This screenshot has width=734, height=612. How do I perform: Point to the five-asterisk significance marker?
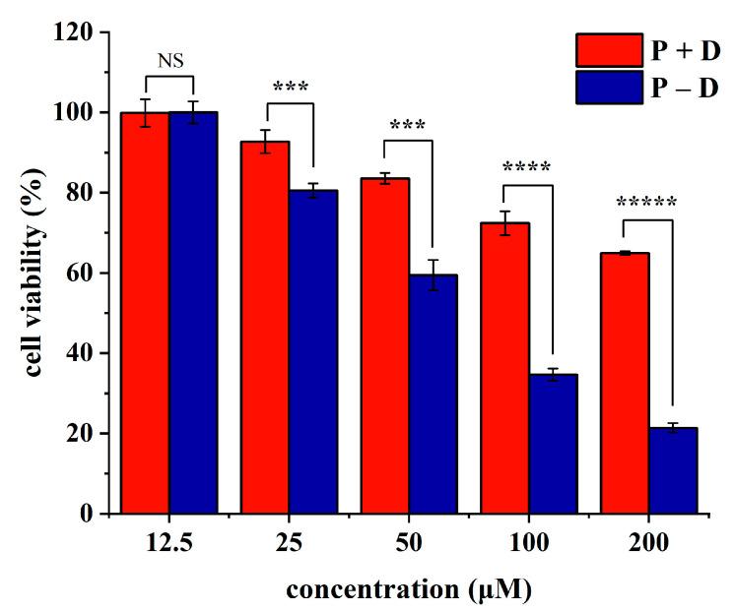[646, 204]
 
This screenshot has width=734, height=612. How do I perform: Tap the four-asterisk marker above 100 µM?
[527, 167]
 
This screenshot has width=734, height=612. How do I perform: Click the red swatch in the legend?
[608, 48]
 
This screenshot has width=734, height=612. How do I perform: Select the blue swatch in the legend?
[608, 88]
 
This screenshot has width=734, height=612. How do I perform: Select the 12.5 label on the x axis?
[168, 542]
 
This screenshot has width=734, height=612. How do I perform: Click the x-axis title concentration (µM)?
[408, 590]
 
